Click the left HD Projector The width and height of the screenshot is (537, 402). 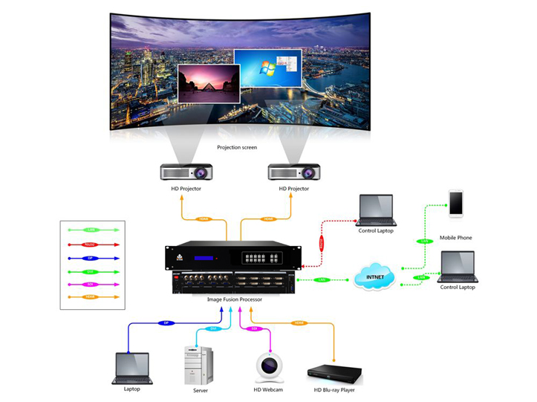186,172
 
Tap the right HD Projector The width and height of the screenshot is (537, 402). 293,172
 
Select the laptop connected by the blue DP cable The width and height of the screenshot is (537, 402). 133,368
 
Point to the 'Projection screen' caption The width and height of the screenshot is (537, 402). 237,147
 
